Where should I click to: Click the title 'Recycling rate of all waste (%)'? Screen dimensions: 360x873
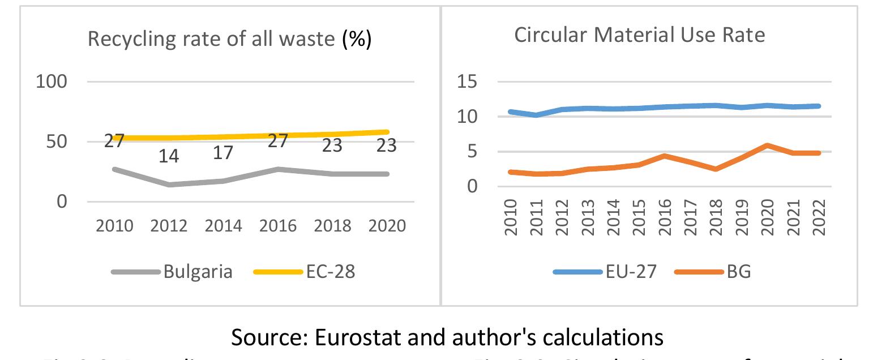(x=229, y=40)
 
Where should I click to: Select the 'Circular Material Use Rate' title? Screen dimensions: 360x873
(x=639, y=35)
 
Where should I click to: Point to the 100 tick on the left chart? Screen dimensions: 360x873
(x=52, y=82)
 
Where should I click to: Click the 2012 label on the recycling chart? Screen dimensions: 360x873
(x=169, y=226)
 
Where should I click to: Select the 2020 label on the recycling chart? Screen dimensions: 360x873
(x=387, y=226)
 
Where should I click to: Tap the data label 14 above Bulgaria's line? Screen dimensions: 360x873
(x=168, y=156)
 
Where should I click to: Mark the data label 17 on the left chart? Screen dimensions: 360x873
(x=223, y=153)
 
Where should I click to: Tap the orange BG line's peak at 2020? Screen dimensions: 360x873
(x=768, y=145)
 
